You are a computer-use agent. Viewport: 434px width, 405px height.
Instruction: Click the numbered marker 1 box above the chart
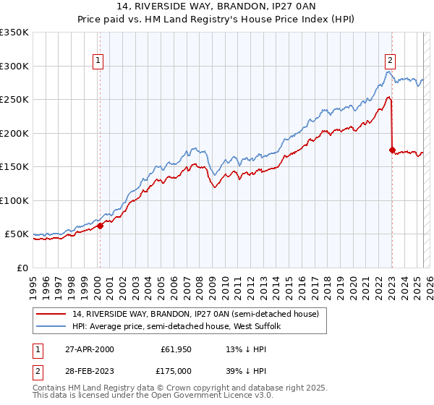[97, 61]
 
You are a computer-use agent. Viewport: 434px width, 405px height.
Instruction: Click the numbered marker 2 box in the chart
[390, 61]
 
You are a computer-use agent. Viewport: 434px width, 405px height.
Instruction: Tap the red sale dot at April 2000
[101, 226]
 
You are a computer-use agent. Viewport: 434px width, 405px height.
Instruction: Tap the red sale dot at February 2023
[392, 150]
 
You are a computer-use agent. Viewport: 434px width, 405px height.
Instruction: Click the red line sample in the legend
[52, 314]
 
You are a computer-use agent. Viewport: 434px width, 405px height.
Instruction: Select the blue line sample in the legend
[52, 327]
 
